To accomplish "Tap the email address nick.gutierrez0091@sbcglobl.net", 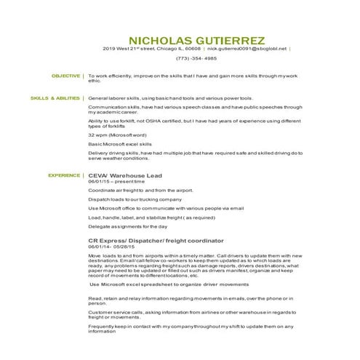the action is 247,49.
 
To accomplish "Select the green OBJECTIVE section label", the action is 65,76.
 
